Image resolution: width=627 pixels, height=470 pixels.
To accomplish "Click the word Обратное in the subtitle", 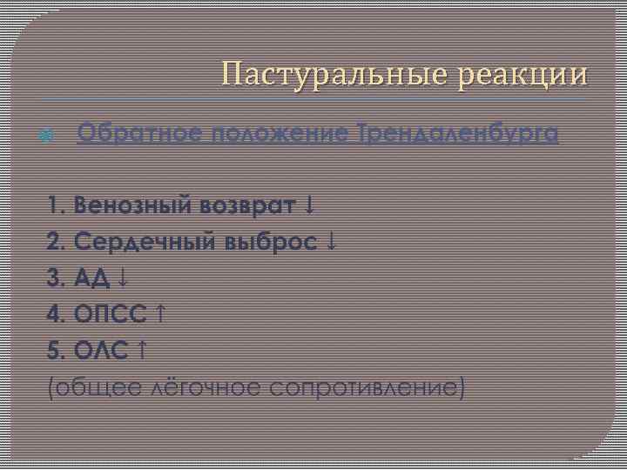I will (140, 134).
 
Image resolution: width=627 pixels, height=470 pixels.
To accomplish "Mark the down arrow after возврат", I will (311, 206).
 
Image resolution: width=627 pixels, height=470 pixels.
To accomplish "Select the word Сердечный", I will (143, 242).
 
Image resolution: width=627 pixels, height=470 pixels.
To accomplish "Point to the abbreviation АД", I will (93, 279).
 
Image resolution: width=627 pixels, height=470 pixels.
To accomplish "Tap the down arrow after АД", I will (123, 279).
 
